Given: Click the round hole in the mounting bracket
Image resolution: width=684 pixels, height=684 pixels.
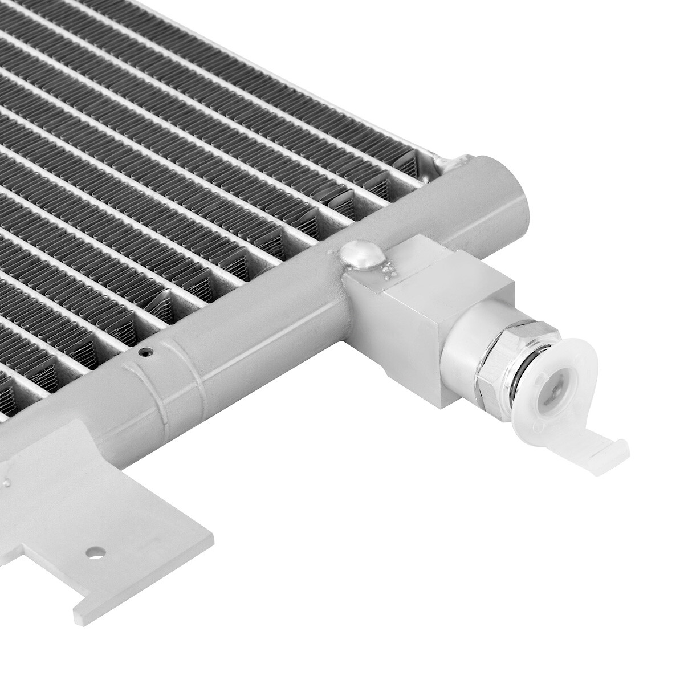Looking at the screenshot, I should pos(94,552).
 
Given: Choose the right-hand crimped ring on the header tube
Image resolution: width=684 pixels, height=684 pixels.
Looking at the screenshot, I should pos(197,376).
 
